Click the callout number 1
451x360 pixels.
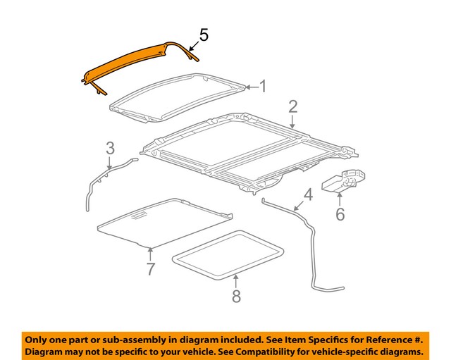click(x=263, y=87)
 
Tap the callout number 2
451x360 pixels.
click(x=292, y=107)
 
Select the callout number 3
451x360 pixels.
click(x=110, y=149)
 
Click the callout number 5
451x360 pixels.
click(x=203, y=34)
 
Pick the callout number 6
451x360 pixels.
click(x=340, y=213)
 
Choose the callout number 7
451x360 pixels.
click(x=150, y=268)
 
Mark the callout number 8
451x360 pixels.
click(x=235, y=297)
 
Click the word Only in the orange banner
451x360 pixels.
click(x=39, y=338)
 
